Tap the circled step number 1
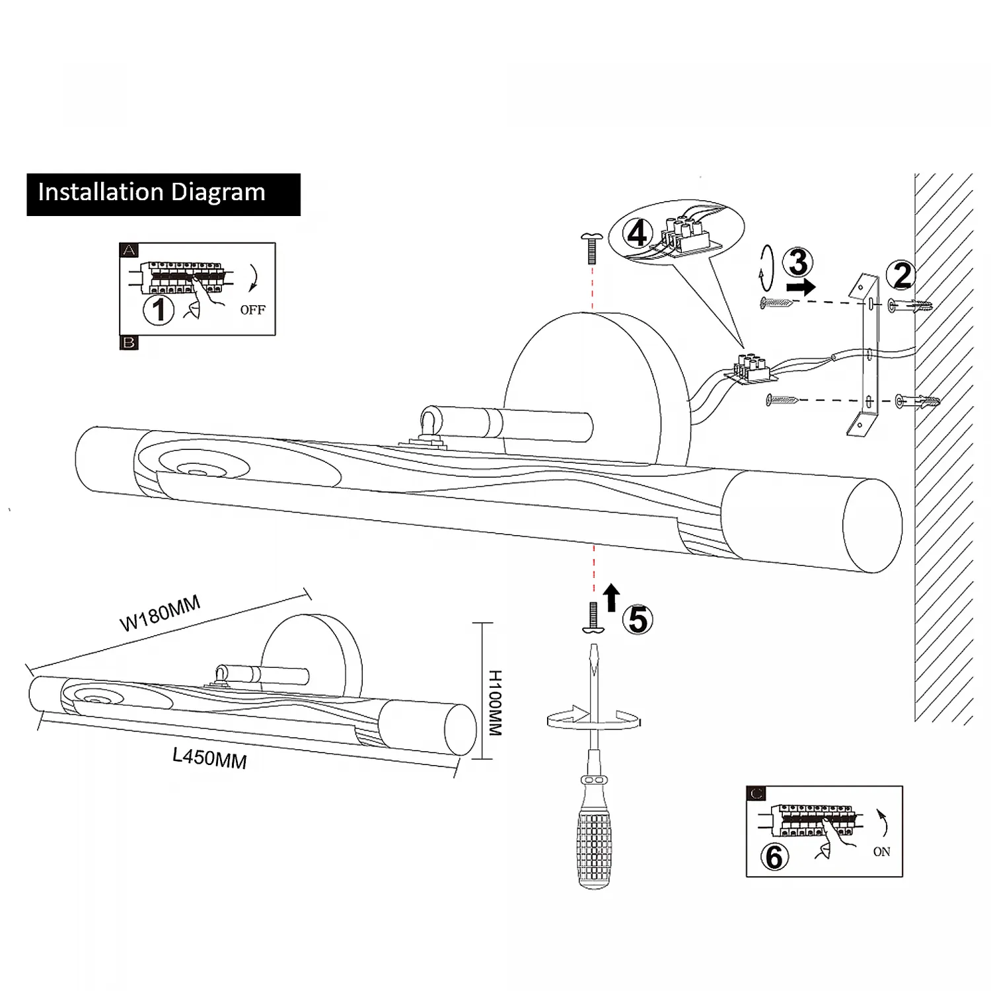pyautogui.click(x=159, y=310)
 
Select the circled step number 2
pyautogui.click(x=902, y=275)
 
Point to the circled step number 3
pyautogui.click(x=798, y=263)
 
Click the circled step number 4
pyautogui.click(x=638, y=235)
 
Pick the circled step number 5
pyautogui.click(x=639, y=620)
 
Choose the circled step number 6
pyautogui.click(x=775, y=857)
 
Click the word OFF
pyautogui.click(x=252, y=310)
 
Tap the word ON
pyautogui.click(x=881, y=852)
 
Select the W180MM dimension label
pyautogui.click(x=160, y=614)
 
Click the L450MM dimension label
pyautogui.click(x=209, y=757)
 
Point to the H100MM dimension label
pyautogui.click(x=495, y=703)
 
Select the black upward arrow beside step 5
pyautogui.click(x=612, y=598)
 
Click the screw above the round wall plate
pyautogui.click(x=591, y=248)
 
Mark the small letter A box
pyautogui.click(x=129, y=250)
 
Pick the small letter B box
pyautogui.click(x=129, y=343)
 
